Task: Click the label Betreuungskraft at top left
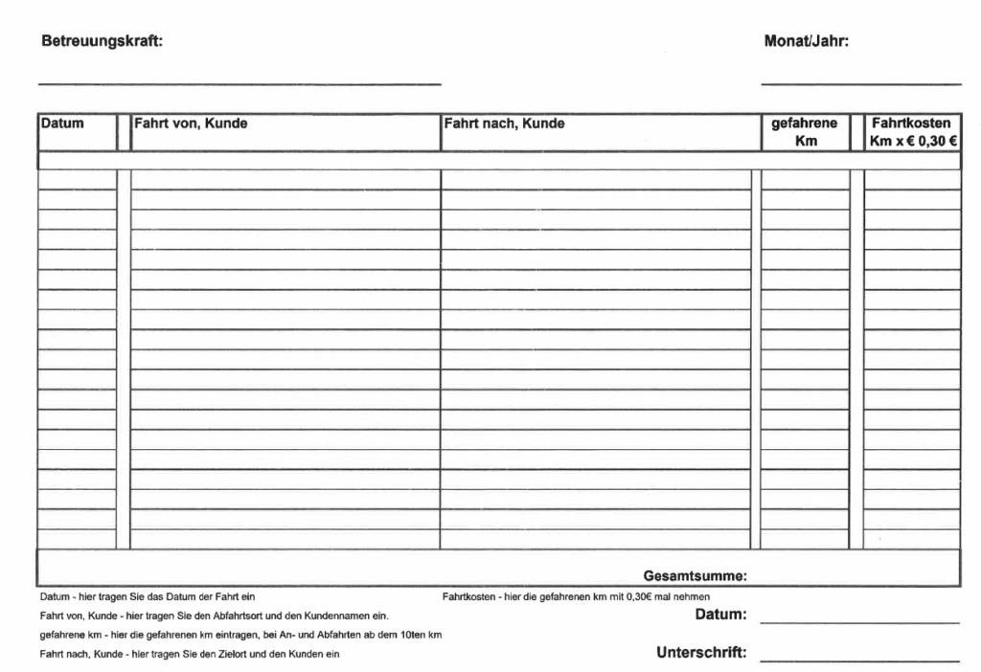click(x=101, y=42)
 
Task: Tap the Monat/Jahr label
click(x=807, y=42)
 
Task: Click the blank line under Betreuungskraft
click(x=240, y=84)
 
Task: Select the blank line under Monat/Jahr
click(x=861, y=84)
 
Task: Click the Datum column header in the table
click(x=62, y=123)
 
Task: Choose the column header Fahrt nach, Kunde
click(x=504, y=123)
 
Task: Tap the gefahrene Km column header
click(x=805, y=132)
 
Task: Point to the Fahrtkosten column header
click(x=911, y=123)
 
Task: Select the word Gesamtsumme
click(x=695, y=575)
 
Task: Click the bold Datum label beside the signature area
click(x=720, y=614)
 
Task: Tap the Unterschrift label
click(x=701, y=654)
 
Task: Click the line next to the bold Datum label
click(x=859, y=622)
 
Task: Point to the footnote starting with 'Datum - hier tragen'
click(x=147, y=597)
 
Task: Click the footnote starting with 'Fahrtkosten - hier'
click(x=576, y=597)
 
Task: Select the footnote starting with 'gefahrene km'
click(x=240, y=636)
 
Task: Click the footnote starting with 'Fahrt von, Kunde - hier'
click(x=214, y=616)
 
